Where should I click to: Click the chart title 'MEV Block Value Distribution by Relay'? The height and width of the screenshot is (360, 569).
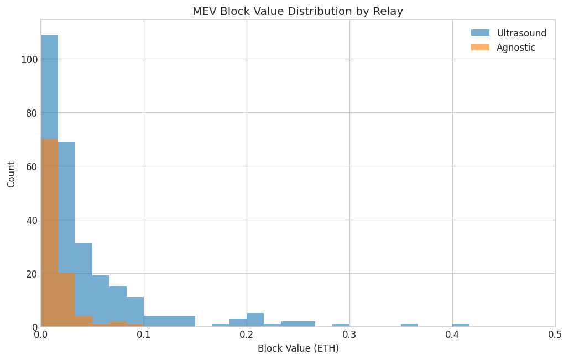point(297,12)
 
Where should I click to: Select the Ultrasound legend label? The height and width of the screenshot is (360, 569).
point(521,33)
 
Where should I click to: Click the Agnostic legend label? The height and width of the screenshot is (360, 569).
point(515,48)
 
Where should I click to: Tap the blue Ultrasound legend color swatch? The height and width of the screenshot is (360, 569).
point(480,33)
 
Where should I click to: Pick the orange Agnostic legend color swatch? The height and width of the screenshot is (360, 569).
point(480,48)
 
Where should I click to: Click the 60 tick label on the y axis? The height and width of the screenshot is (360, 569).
point(31,166)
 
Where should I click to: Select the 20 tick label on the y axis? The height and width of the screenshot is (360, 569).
point(31,274)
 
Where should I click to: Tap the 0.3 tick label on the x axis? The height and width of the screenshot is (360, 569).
point(349,335)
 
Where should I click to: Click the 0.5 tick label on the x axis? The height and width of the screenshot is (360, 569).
point(555,335)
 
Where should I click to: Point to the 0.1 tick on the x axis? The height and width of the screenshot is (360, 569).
point(144,335)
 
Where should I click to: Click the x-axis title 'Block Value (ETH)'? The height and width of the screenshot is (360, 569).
point(297,348)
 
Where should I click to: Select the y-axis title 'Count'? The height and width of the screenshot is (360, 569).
point(12,174)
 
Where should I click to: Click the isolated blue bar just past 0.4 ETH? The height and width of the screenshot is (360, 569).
point(461,325)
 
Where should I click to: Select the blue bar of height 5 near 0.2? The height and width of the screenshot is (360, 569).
point(255,320)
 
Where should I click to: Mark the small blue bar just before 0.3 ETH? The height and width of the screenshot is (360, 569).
point(341,325)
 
